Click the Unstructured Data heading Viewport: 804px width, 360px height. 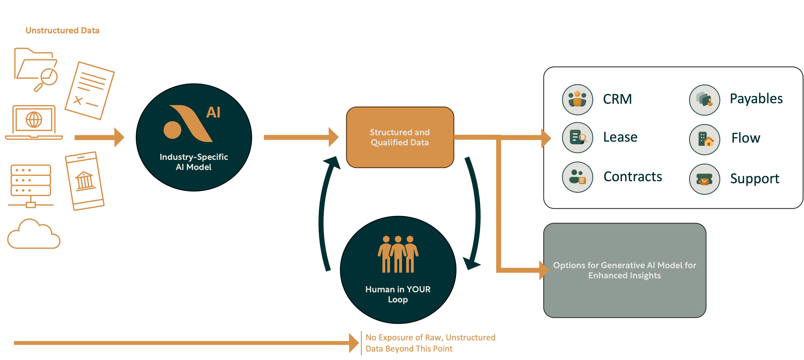pos(62,30)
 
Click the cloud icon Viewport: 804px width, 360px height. pos(34,234)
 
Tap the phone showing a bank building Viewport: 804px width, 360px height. pos(85,181)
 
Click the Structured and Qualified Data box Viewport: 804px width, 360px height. pos(400,137)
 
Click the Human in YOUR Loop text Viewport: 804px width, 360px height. pos(398,294)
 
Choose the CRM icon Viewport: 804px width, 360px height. pos(577,100)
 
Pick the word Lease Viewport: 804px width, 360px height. pos(620,137)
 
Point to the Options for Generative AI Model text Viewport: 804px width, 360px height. pos(624,270)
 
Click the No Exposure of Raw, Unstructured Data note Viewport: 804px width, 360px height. pos(430,343)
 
